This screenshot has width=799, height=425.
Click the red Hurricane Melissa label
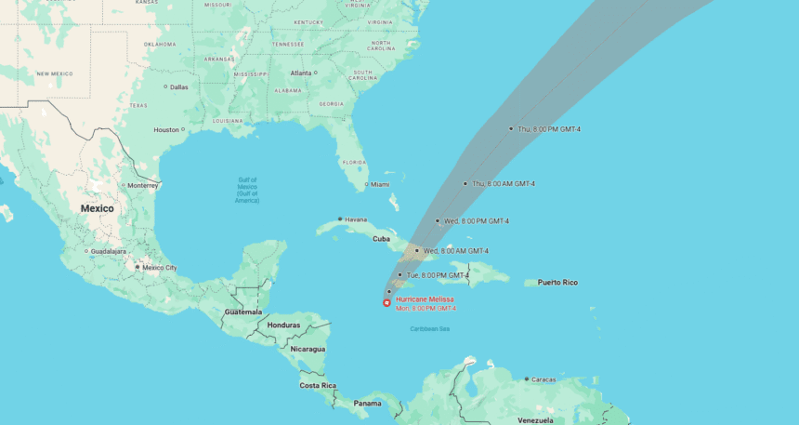click(425, 299)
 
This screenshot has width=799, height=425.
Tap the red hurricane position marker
click(386, 302)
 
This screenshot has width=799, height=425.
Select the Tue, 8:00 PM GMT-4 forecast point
click(399, 275)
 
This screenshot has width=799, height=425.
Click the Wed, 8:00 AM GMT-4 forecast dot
click(417, 251)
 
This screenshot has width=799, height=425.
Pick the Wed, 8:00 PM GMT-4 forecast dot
click(438, 221)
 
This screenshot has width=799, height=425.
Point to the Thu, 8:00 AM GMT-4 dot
click(465, 183)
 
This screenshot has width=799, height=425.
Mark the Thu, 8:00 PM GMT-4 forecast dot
click(511, 128)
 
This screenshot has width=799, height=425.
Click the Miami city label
click(380, 184)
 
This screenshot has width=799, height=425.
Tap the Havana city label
click(356, 219)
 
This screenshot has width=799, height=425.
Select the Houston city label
click(166, 129)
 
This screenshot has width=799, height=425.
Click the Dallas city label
click(178, 87)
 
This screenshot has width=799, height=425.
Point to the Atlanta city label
click(301, 73)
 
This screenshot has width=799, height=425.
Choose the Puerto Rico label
click(557, 282)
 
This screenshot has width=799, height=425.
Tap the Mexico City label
click(159, 268)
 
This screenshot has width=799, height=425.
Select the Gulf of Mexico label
click(247, 190)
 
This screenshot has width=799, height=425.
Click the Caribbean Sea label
click(430, 328)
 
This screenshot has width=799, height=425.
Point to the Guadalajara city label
click(109, 251)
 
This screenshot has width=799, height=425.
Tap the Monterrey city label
click(142, 185)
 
